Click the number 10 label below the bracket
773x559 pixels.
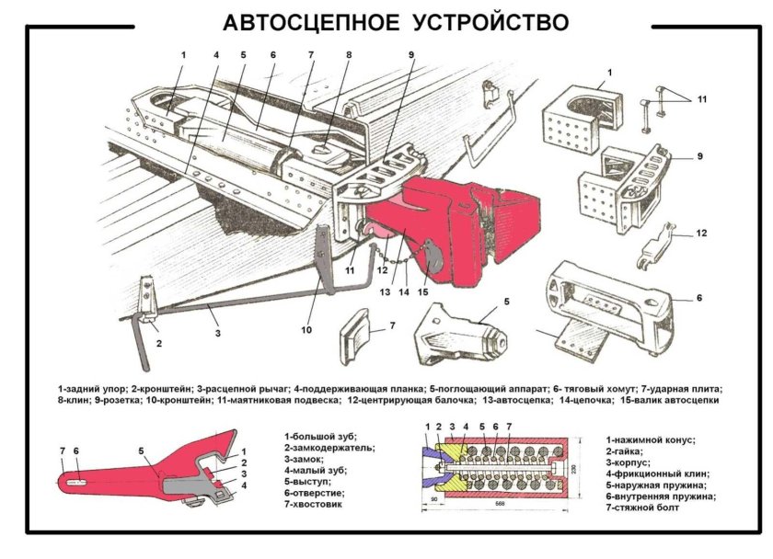(x=306, y=329)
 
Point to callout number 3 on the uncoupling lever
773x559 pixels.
(x=218, y=332)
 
